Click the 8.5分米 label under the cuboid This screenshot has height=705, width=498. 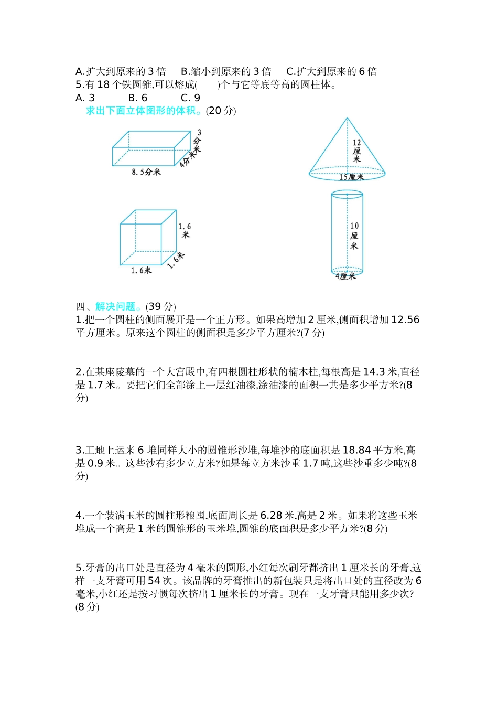pyautogui.click(x=146, y=172)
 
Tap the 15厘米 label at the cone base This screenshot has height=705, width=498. pyautogui.click(x=351, y=177)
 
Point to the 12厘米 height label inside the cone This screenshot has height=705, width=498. pyautogui.click(x=356, y=151)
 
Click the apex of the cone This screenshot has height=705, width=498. pyautogui.click(x=347, y=118)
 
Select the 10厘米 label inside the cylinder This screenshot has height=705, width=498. pyautogui.click(x=354, y=236)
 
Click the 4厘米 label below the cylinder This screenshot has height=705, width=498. pyautogui.click(x=345, y=276)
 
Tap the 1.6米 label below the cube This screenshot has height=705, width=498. pyautogui.click(x=141, y=271)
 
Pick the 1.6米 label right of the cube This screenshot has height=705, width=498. pyautogui.click(x=185, y=230)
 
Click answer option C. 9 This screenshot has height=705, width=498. pyautogui.click(x=190, y=98)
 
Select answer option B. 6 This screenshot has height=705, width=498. pyautogui.click(x=138, y=98)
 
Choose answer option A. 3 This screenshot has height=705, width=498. pyautogui.click(x=85, y=98)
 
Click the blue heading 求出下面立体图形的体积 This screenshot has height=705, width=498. pyautogui.click(x=144, y=111)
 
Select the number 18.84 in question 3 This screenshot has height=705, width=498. pyautogui.click(x=356, y=450)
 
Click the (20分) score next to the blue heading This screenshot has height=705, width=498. pyautogui.click(x=221, y=111)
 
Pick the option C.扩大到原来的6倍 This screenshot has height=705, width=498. pyautogui.click(x=331, y=72)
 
